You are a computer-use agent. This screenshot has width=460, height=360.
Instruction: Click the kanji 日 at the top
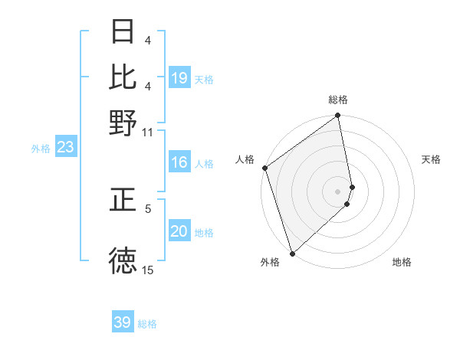coord(123,32)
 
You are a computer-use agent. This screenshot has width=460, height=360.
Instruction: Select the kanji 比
coord(123,77)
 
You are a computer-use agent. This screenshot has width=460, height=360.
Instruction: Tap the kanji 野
coord(123,123)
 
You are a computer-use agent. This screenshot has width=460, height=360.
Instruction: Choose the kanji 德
coord(123,260)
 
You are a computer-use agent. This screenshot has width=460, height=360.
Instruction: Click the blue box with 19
coord(179,78)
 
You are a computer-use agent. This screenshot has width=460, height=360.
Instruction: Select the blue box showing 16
coord(179,162)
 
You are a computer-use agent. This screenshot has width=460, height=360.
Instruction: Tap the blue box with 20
coord(179,231)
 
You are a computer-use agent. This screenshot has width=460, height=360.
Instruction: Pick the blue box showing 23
coord(65,148)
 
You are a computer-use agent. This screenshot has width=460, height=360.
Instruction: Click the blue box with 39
coord(123,322)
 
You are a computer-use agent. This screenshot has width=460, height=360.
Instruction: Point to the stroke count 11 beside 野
coord(147,132)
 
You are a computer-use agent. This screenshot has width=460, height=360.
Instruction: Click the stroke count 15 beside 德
coord(147,270)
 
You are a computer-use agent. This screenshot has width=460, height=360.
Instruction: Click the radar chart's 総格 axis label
coord(338,100)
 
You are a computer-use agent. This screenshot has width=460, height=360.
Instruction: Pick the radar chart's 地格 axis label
coord(402,263)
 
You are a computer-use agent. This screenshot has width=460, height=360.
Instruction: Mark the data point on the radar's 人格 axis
coord(264,168)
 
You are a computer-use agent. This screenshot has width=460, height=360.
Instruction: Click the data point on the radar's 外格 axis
coord(292,253)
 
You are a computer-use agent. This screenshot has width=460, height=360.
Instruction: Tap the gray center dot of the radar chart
coord(338,191)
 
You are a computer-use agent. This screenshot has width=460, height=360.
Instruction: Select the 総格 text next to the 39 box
coord(147,324)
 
